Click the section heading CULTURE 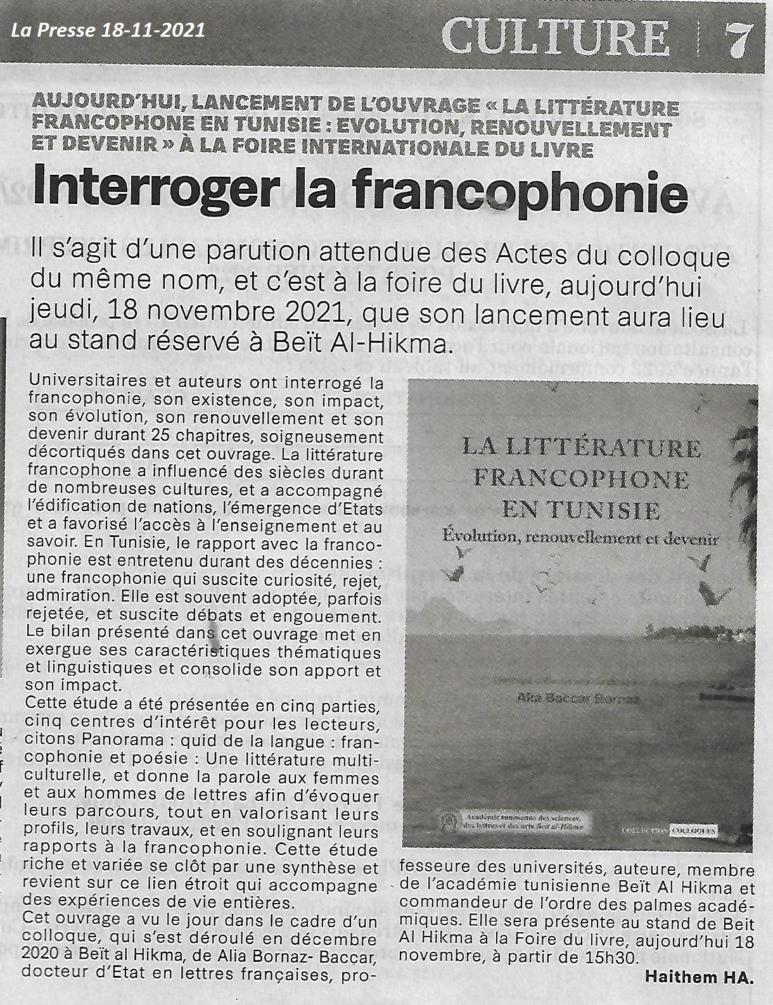tap(555, 36)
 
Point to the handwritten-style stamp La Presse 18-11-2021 tap(107, 30)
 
